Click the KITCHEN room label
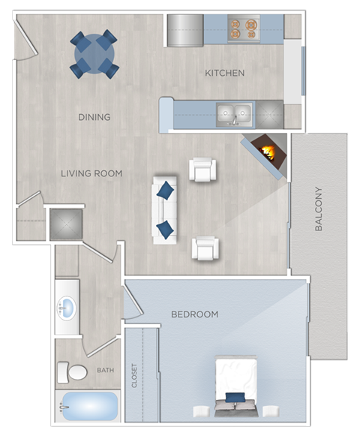pyautogui.click(x=225, y=73)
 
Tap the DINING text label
pyautogui.click(x=94, y=117)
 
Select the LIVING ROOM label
pyautogui.click(x=91, y=173)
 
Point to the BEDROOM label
pyautogui.click(x=194, y=314)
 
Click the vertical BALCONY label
pyautogui.click(x=319, y=209)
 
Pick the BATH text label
pyautogui.click(x=105, y=370)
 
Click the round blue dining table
pyautogui.click(x=94, y=53)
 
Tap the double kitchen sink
pyautogui.click(x=233, y=115)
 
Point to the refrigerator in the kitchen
pyautogui.click(x=185, y=31)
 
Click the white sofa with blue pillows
pyautogui.click(x=165, y=209)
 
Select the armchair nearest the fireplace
pyautogui.click(x=202, y=170)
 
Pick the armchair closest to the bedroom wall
pyautogui.click(x=205, y=248)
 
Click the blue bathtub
pyautogui.click(x=89, y=406)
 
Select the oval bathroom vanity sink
pyautogui.click(x=67, y=308)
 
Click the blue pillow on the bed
pyautogui.click(x=235, y=397)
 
